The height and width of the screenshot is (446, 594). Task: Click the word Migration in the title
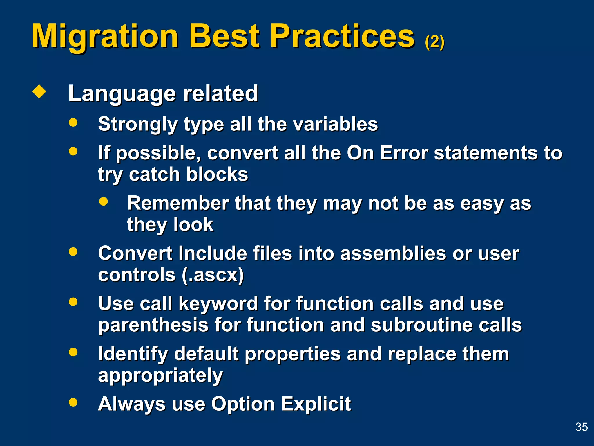pos(105,36)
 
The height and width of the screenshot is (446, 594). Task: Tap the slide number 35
pos(581,427)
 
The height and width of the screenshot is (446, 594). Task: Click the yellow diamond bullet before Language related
pos(39,92)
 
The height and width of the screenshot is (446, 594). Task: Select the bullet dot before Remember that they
pos(103,201)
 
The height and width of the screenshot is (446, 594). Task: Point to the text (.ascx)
pos(213,275)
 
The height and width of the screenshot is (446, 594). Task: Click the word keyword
pos(218,303)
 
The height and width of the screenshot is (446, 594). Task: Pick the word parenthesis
pos(153,325)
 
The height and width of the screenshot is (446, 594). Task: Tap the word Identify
pos(133,354)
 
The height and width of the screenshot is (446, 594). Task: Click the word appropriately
pos(160,375)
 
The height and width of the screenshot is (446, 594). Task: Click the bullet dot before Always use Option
pos(73,402)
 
